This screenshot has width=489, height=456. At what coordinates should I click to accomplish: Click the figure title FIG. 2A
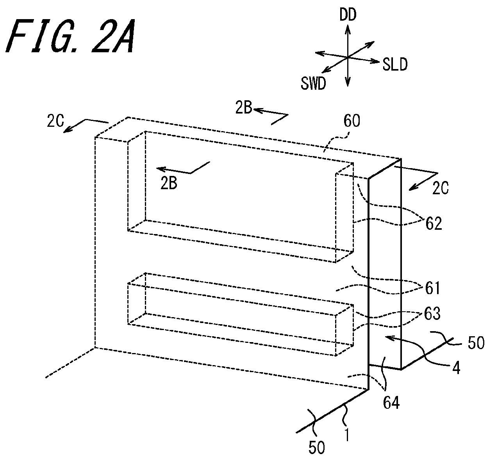(71, 36)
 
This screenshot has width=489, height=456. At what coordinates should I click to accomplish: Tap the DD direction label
(348, 16)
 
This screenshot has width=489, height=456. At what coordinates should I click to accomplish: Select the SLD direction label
(395, 65)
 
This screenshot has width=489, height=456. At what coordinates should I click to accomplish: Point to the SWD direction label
(313, 83)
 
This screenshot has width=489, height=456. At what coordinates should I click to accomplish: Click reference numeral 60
(352, 121)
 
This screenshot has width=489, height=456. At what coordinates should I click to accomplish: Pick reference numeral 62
(434, 224)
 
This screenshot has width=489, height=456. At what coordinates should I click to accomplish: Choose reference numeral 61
(433, 288)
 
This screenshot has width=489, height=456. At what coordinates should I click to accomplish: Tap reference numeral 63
(432, 314)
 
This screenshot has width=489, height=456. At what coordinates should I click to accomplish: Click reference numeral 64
(391, 403)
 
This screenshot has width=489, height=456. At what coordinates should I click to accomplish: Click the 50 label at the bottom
(317, 447)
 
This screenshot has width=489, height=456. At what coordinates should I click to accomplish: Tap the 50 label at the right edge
(476, 343)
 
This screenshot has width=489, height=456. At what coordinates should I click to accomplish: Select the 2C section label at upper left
(55, 121)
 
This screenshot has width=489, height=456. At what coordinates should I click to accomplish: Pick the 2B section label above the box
(243, 108)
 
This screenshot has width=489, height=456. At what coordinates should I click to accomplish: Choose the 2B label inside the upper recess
(169, 183)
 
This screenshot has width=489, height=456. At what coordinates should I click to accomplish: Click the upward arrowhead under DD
(348, 29)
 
